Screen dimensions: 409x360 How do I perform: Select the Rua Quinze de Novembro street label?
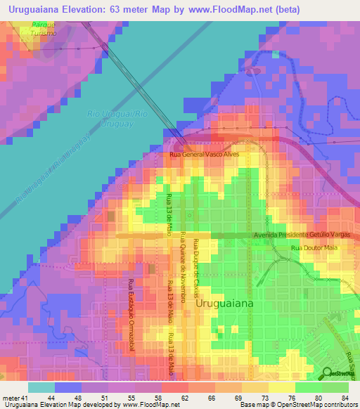183,266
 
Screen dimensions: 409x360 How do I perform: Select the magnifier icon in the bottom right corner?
328,373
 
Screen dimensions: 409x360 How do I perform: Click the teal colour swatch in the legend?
41,387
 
